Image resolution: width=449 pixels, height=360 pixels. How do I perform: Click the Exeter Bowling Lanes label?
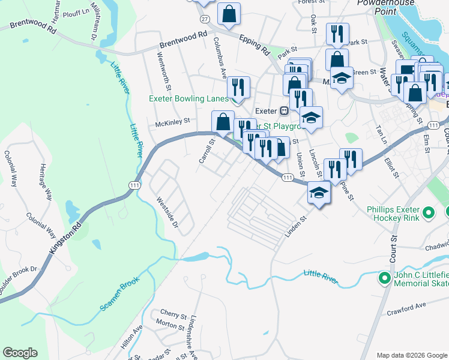[x=189, y=98]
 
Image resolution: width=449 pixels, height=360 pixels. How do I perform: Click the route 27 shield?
[x=205, y=19]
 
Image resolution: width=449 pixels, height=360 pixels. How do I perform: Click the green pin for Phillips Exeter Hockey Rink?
[x=429, y=212]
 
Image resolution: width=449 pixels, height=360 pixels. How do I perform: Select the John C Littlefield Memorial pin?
[x=384, y=278]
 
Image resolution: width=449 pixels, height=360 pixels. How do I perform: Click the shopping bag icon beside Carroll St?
[x=223, y=122]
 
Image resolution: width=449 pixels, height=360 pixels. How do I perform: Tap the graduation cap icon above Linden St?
[x=319, y=193]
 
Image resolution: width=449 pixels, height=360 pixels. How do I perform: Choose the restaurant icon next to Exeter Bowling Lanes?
[x=240, y=88]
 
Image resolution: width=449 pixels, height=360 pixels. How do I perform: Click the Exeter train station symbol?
[x=285, y=111]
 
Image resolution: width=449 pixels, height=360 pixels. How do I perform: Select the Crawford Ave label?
[x=406, y=305]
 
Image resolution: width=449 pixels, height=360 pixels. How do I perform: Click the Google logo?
[x=20, y=353]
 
